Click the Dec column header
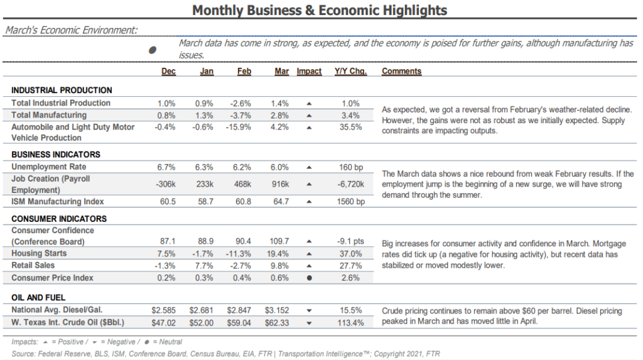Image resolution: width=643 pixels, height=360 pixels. (x=168, y=71)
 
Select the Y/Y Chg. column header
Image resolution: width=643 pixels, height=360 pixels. (x=350, y=71)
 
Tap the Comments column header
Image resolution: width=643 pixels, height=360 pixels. (x=401, y=71)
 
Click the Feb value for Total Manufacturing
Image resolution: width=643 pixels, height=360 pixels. (x=240, y=116)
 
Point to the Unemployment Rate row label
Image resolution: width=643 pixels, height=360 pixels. (x=49, y=166)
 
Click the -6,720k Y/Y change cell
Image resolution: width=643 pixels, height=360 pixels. (x=350, y=184)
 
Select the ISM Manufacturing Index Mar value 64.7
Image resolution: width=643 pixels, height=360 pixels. (x=281, y=202)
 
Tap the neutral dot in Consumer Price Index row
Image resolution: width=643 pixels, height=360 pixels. (x=309, y=278)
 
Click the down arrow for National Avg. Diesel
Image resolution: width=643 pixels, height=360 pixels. (x=309, y=311)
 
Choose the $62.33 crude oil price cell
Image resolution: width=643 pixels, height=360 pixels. (x=277, y=323)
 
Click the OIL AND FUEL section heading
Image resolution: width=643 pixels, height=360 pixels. (x=38, y=298)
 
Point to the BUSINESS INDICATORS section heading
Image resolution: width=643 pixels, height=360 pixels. (x=56, y=155)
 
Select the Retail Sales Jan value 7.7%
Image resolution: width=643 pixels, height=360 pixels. (x=204, y=266)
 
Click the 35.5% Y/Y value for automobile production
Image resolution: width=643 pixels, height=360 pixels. (x=350, y=128)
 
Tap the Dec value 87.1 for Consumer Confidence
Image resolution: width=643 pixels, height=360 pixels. (x=168, y=241)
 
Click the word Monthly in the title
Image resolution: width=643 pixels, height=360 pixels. (x=218, y=10)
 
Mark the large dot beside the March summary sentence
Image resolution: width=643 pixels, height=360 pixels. (x=153, y=50)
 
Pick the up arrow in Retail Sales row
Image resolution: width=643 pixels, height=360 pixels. (x=309, y=266)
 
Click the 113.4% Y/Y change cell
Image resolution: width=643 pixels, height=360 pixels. (x=350, y=323)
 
